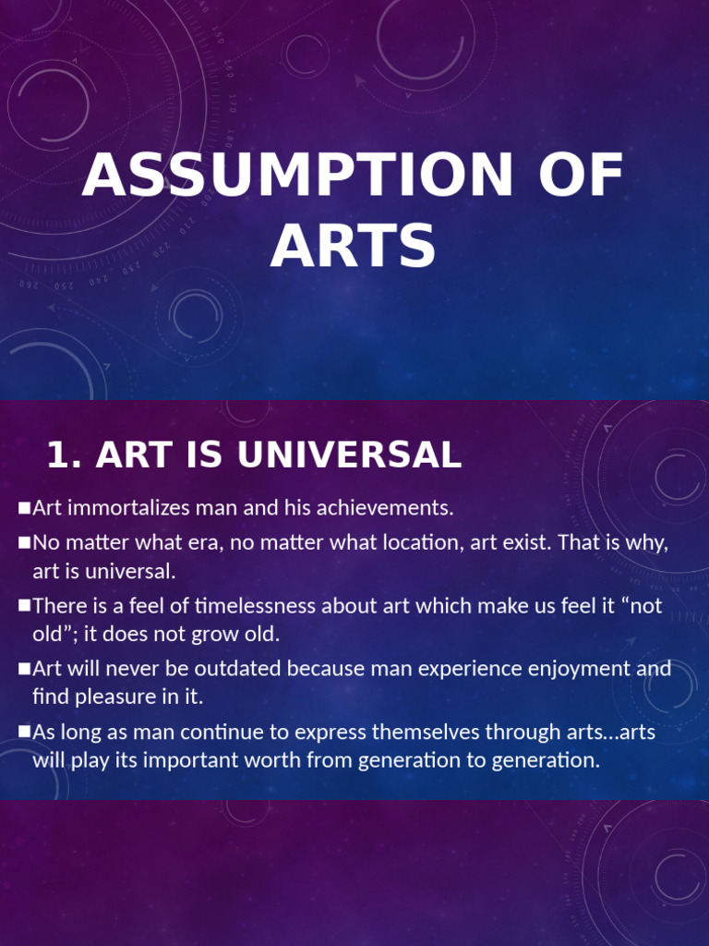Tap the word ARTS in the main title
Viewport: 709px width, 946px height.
pos(353,247)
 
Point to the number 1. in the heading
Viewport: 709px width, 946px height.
pos(66,455)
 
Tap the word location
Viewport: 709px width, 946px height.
pos(415,542)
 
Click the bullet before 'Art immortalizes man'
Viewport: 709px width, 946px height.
pos(25,507)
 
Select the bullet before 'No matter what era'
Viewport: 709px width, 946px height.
pos(25,542)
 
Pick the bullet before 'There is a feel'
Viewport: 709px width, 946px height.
pos(25,606)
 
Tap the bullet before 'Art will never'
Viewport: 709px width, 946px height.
pos(25,668)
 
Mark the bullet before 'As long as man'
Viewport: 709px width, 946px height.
pos(25,733)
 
